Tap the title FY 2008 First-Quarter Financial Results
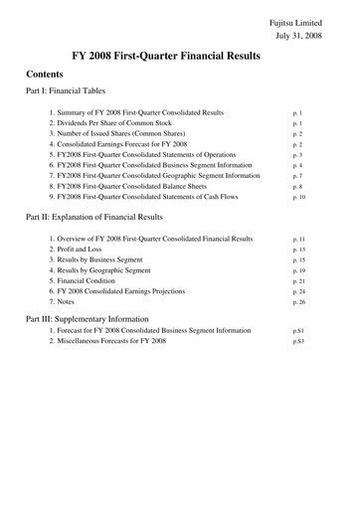[x=179, y=57]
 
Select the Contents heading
[x=50, y=75]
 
